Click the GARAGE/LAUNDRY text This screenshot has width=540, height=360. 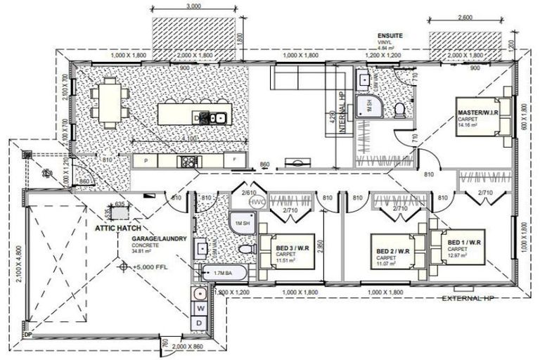[159, 239]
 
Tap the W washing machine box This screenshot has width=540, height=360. [200, 307]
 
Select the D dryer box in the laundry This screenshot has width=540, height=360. [200, 323]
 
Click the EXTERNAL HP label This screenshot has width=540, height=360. [470, 299]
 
